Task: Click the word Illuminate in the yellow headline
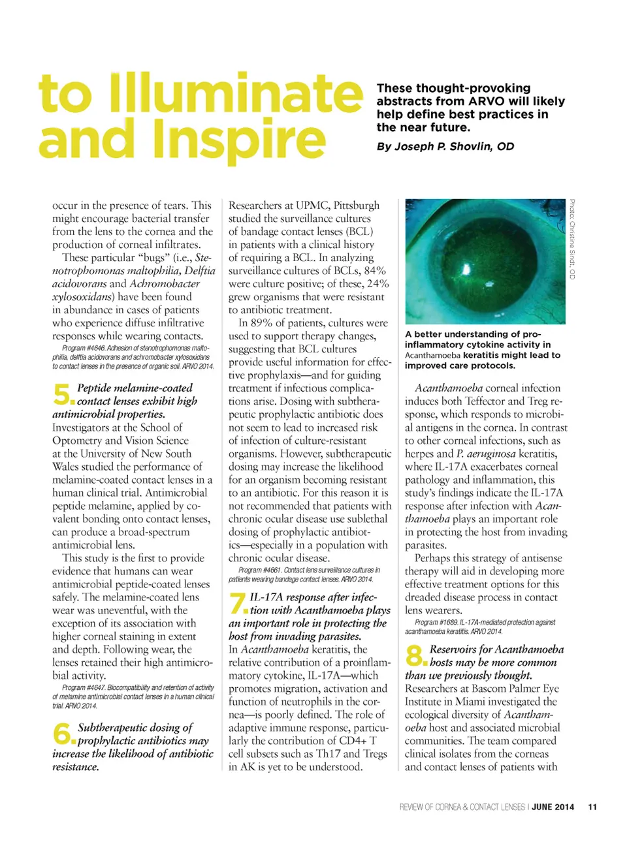235,93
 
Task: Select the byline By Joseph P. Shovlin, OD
445,146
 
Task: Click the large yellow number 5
63,394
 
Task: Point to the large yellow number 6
63,734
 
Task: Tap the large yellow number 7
238,603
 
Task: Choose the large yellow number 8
415,655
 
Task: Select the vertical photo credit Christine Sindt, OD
572,239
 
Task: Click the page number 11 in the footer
592,807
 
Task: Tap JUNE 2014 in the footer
553,807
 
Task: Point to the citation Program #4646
84,348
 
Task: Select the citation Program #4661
259,570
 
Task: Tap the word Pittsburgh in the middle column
356,205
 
